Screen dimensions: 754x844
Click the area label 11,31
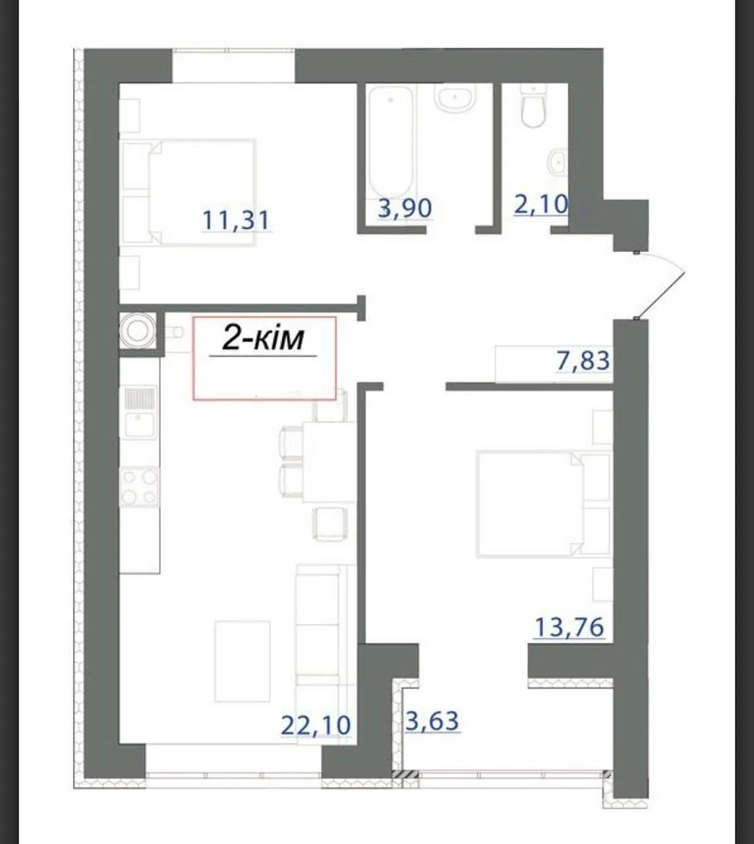pyautogui.click(x=236, y=220)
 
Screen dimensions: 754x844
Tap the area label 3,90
pyautogui.click(x=405, y=208)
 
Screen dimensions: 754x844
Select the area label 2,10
pyautogui.click(x=541, y=204)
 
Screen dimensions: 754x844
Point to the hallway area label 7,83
pyautogui.click(x=583, y=361)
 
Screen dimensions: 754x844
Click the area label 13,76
pyautogui.click(x=569, y=639)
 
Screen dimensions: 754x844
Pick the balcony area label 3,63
pyautogui.click(x=432, y=721)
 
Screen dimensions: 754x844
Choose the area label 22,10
pyautogui.click(x=316, y=725)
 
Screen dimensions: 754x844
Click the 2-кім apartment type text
pyautogui.click(x=263, y=339)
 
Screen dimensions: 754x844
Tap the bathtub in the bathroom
pyautogui.click(x=391, y=141)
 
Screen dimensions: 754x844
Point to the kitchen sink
pyautogui.click(x=140, y=412)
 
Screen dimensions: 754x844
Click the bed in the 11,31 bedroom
pyautogui.click(x=188, y=193)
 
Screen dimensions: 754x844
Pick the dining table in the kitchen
pyautogui.click(x=328, y=462)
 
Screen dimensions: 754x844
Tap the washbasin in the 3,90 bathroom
pyautogui.click(x=454, y=98)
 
